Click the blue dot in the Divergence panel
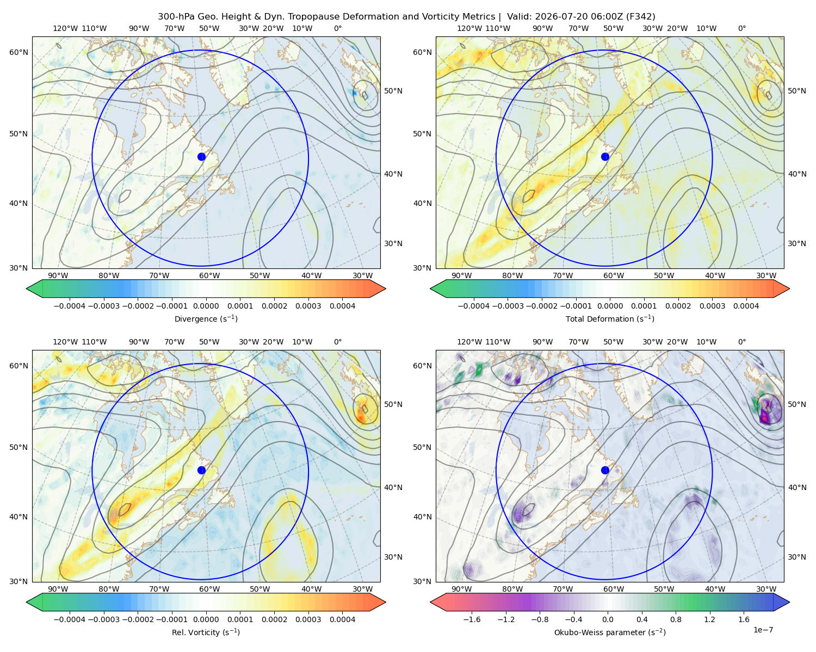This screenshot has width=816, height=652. point(201,156)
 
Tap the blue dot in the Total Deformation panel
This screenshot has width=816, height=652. point(605,156)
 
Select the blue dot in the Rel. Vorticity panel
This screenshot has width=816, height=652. point(201,470)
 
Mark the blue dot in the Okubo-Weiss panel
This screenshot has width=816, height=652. point(605,470)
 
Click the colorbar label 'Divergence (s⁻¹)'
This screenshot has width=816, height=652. point(206,318)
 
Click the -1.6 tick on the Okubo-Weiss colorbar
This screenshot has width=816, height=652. point(472,619)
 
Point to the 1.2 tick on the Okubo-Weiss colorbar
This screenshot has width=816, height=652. point(709,619)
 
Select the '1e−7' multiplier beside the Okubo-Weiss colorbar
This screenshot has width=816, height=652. point(763,630)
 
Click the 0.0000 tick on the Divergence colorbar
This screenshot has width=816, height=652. point(206,306)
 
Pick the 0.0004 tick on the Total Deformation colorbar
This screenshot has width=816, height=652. point(746,306)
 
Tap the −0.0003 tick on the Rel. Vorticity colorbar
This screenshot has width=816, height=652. point(103,619)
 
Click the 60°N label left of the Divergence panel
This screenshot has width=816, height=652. point(18,52)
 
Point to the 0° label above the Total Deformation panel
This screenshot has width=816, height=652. point(742,28)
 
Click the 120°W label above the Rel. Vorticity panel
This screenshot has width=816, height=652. point(65,342)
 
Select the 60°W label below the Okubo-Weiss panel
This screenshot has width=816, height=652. point(614,589)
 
